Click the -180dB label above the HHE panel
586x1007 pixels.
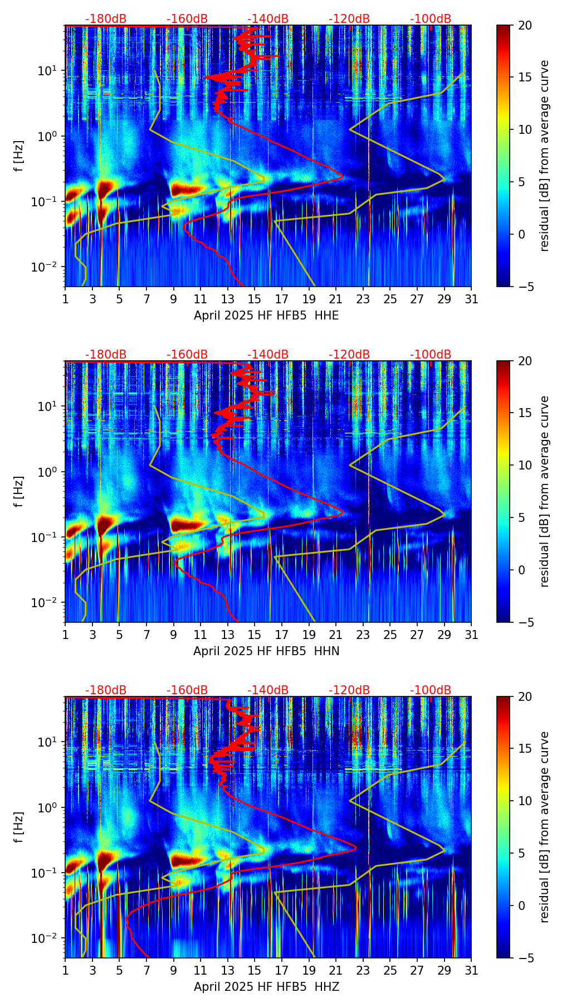(106, 19)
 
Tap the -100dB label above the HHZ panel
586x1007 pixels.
(431, 690)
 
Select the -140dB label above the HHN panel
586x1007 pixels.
(268, 355)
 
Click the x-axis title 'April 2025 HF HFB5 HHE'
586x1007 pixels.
(266, 316)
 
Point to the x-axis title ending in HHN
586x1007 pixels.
(266, 651)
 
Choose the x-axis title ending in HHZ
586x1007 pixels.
(266, 987)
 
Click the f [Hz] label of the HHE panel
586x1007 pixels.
(19, 156)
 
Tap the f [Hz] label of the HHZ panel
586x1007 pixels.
(19, 827)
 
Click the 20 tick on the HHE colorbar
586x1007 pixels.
(525, 26)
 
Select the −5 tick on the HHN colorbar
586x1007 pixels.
(525, 622)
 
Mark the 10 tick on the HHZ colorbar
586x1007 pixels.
(525, 801)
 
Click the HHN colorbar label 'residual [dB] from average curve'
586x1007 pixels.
(545, 491)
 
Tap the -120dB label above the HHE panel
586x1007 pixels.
(349, 19)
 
